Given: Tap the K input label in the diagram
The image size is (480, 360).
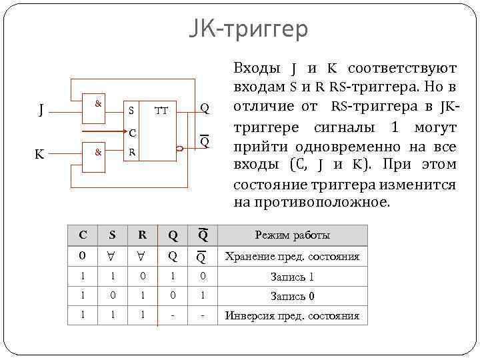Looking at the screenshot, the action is point(40,153).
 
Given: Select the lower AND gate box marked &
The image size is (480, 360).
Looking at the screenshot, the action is point(98,152).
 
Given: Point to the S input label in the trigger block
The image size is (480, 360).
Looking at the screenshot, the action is point(131,110).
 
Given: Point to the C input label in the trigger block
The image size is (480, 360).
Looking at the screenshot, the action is point(133,131).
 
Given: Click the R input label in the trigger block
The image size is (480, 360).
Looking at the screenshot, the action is point(132,152).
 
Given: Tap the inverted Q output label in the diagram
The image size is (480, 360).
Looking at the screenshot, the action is point(205,142).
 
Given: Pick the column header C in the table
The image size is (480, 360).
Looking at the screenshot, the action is point(83,235).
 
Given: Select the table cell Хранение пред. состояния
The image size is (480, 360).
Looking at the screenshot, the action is point(293,256).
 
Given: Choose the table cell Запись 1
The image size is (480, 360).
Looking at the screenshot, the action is point(293,276).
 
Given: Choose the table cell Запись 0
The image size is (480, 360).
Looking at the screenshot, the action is point(293,296).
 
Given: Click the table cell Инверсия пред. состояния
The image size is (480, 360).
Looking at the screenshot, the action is point(293,316).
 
